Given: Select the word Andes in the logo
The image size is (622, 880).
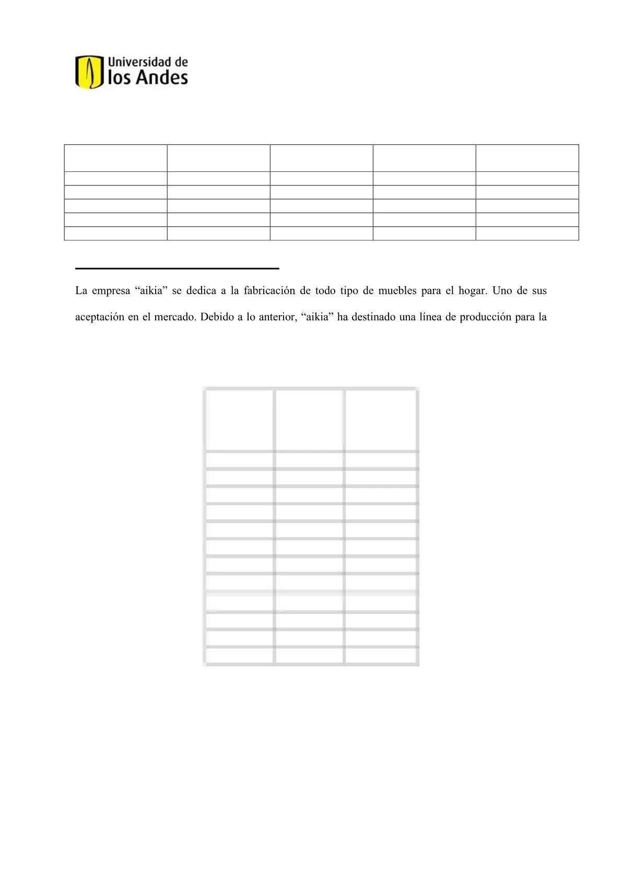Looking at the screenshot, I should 161,78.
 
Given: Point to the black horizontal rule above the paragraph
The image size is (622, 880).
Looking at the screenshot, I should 177,268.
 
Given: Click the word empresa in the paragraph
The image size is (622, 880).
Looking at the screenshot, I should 110,291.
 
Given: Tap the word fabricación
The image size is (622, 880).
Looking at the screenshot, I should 268,291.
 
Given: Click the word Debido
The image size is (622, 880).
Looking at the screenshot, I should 215,317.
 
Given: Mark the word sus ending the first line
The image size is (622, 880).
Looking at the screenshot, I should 539,291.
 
